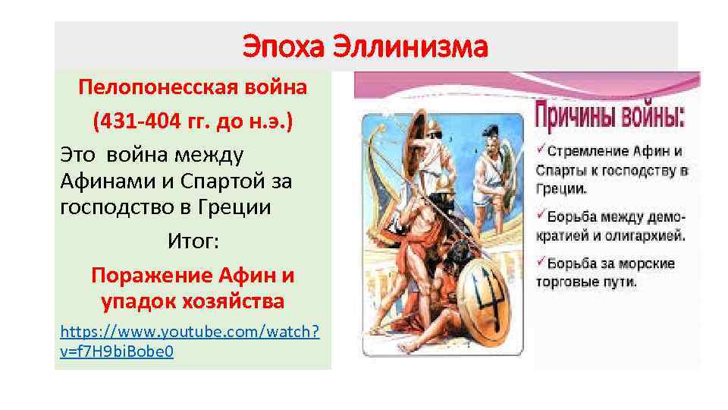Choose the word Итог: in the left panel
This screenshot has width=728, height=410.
193,241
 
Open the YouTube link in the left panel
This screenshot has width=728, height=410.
190,341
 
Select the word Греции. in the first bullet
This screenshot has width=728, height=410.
560,188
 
